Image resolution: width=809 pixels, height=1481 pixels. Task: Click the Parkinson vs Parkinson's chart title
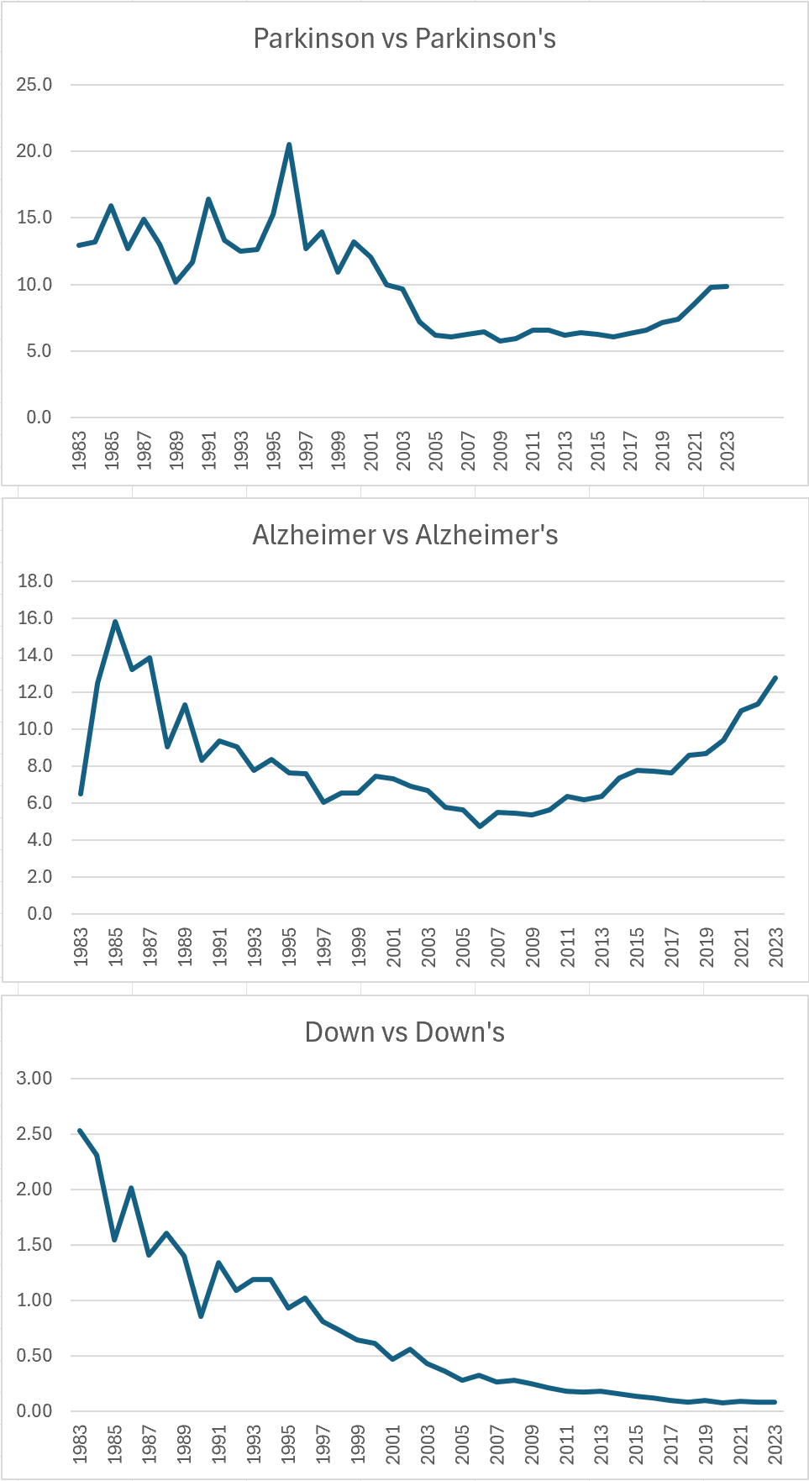pos(404,39)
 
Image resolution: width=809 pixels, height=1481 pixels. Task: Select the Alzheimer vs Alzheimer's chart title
pos(405,535)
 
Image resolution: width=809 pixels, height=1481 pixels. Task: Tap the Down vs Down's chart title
pos(404,1032)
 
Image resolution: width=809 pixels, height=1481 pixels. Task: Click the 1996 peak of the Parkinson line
pos(289,144)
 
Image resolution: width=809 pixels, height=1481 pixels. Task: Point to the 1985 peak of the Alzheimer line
pos(115,622)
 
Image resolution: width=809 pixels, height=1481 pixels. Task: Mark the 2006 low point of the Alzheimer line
pos(481,827)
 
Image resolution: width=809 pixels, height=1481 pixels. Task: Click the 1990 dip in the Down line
pos(202,1316)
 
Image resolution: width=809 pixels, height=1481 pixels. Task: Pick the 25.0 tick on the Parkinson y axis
pos(34,85)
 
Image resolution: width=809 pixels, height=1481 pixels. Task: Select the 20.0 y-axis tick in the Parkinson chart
pos(34,151)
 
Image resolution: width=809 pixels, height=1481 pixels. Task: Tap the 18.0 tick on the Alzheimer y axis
pos(34,581)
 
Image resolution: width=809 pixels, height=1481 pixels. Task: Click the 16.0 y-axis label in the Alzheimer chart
pos(34,618)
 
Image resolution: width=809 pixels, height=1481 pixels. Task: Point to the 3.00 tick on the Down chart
pos(34,1079)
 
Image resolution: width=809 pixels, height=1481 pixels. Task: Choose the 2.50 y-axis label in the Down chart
pos(34,1134)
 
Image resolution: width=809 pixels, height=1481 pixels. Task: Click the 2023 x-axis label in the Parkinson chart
pos(728,451)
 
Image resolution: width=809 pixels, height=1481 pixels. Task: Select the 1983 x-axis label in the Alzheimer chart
pos(81,948)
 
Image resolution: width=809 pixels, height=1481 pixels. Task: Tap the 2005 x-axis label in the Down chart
pos(463,1444)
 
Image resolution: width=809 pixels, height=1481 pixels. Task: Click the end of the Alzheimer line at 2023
pos(775,678)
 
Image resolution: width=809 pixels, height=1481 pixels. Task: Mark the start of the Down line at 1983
pos(80,1131)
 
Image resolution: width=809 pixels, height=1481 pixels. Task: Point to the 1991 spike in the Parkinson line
pos(208,199)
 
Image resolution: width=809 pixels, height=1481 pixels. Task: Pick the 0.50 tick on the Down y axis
pos(34,1356)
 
